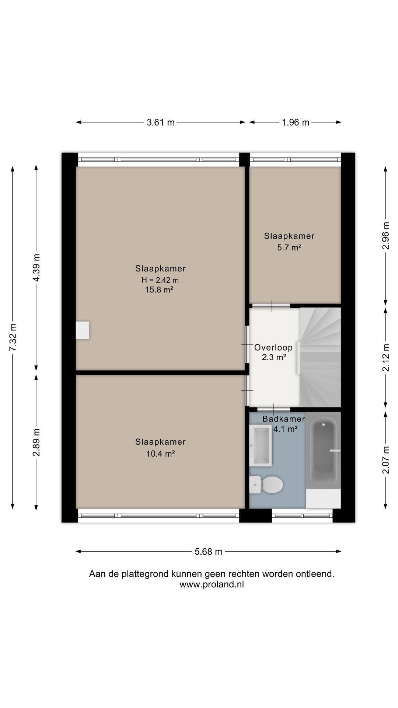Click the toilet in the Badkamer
click(266, 484)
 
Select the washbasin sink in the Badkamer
click(261, 445)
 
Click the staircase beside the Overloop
click(320, 357)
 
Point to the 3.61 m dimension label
click(161, 122)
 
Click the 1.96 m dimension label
click(296, 122)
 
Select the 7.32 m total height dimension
click(13, 337)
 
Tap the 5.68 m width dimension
click(209, 552)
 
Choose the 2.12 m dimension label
click(386, 358)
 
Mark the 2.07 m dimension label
click(386, 460)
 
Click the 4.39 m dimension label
click(36, 268)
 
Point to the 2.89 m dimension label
click(36, 442)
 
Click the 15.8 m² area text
click(159, 290)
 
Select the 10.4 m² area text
click(160, 454)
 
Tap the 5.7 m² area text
click(289, 247)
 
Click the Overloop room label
click(273, 347)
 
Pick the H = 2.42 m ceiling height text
click(160, 280)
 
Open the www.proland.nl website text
click(212, 584)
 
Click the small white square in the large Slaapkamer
click(83, 330)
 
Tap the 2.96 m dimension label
click(386, 236)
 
